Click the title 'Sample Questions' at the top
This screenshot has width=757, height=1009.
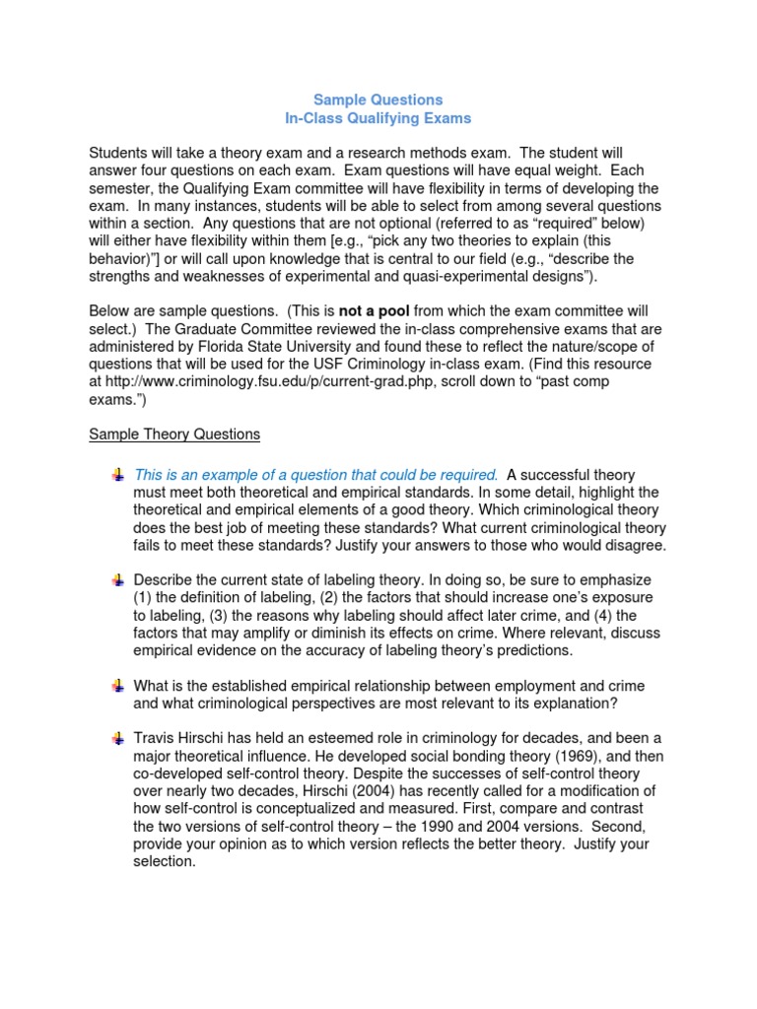click(378, 100)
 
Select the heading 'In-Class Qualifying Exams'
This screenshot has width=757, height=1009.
click(378, 118)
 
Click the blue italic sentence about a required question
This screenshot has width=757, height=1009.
click(315, 475)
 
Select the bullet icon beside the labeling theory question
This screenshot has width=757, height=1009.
click(117, 580)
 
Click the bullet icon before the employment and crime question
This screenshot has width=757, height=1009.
click(117, 685)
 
